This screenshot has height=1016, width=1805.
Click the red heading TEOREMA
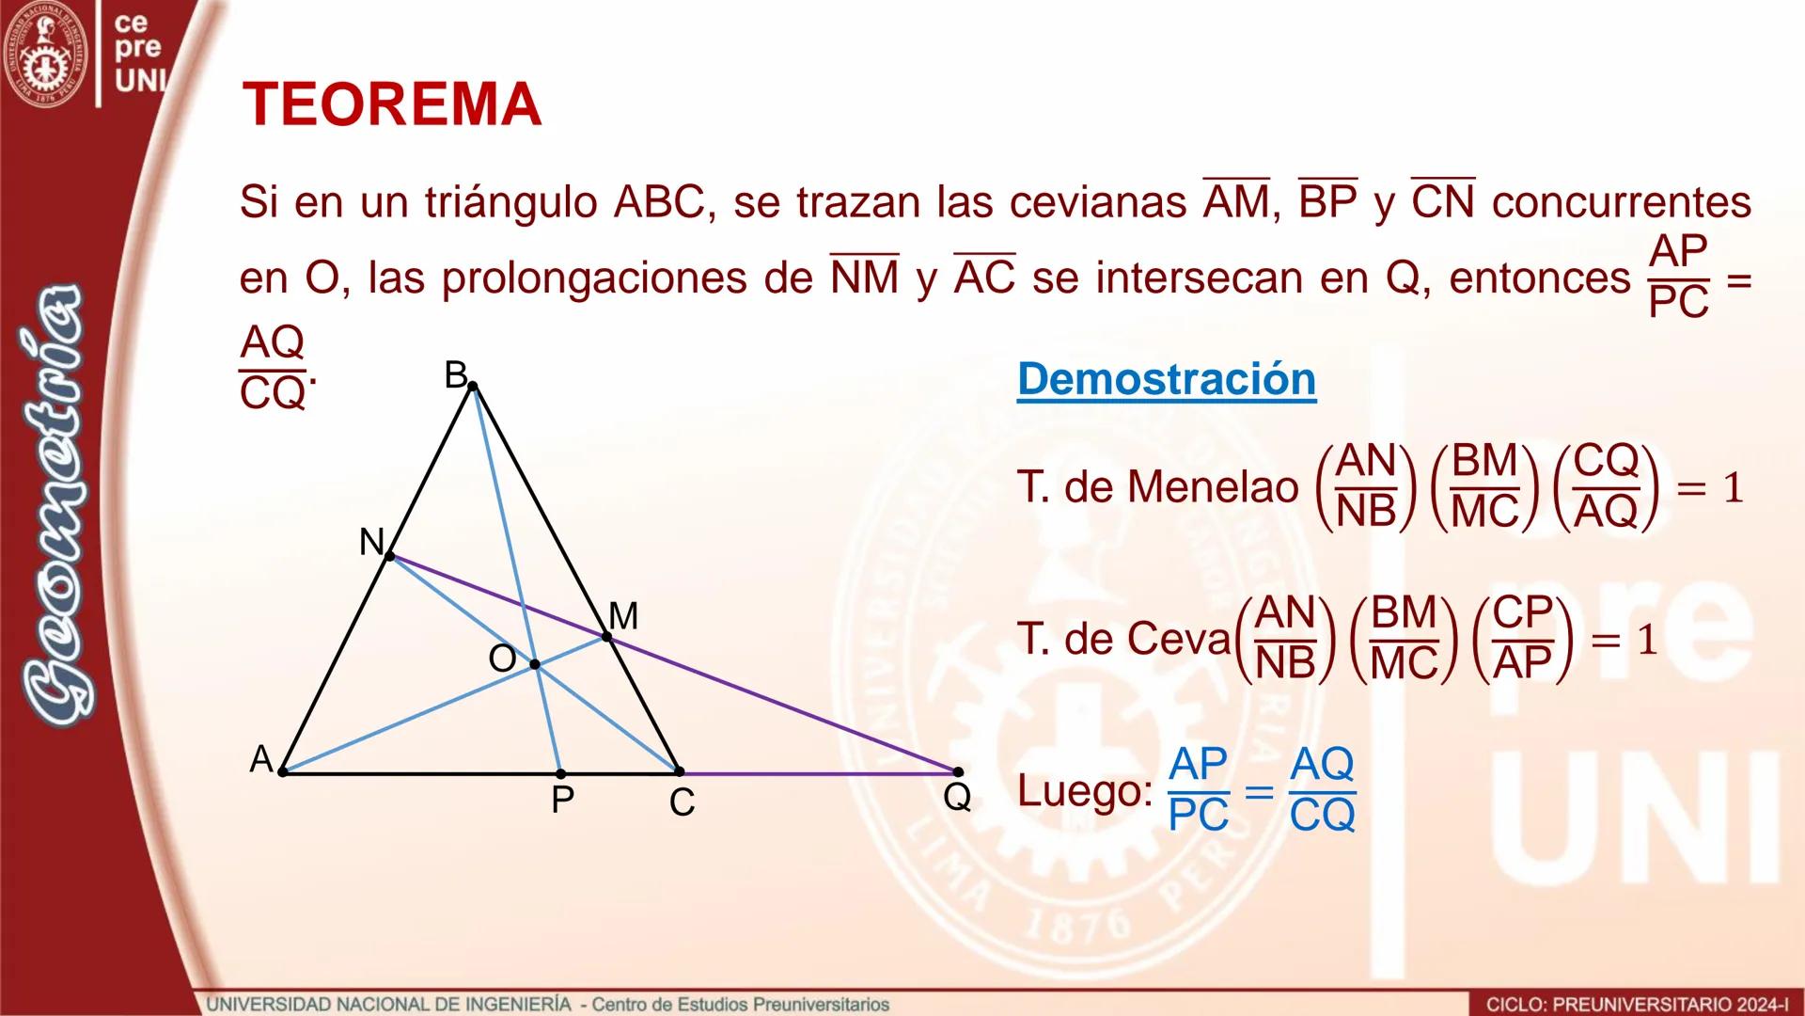pos(391,104)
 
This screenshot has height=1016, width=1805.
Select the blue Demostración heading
pos(1166,379)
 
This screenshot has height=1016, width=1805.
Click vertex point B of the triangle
pos(473,386)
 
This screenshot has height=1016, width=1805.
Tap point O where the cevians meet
pos(535,664)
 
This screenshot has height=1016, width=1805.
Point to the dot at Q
pos(957,772)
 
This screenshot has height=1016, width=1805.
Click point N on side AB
pos(390,556)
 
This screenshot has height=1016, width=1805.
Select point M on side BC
pos(606,637)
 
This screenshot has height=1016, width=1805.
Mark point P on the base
pos(560,773)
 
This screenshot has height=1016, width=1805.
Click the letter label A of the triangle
pos(260,759)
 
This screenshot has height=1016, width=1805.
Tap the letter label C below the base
pos(682,802)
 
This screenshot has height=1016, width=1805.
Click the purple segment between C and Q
pos(818,773)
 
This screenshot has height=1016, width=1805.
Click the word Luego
pos(1084,791)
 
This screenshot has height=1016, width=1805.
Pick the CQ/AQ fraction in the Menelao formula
pos(1606,486)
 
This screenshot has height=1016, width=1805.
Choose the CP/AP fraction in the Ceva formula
pos(1522,639)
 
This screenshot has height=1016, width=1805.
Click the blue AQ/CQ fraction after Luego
pos(1322,790)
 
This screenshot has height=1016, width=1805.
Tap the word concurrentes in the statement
pos(1621,202)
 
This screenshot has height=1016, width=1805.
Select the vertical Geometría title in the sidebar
pos(58,508)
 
